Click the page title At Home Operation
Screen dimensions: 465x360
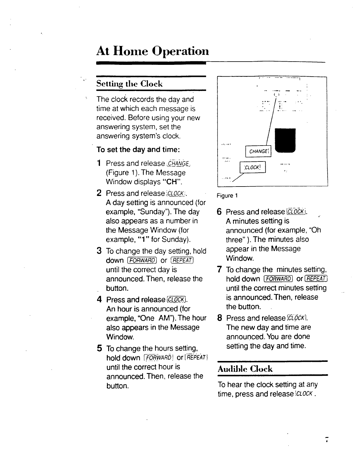pyautogui.click(x=152, y=52)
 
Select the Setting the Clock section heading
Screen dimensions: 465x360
pyautogui.click(x=129, y=84)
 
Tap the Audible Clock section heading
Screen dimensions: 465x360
pyautogui.click(x=245, y=369)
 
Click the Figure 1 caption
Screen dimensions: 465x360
pyautogui.click(x=227, y=195)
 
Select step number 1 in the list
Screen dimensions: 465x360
pyautogui.click(x=99, y=163)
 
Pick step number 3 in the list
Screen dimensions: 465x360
pyautogui.click(x=99, y=251)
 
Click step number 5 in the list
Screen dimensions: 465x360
pyautogui.click(x=99, y=349)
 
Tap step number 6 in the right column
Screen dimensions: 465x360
pyautogui.click(x=219, y=212)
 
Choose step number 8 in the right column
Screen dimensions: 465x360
pyautogui.click(x=219, y=318)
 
